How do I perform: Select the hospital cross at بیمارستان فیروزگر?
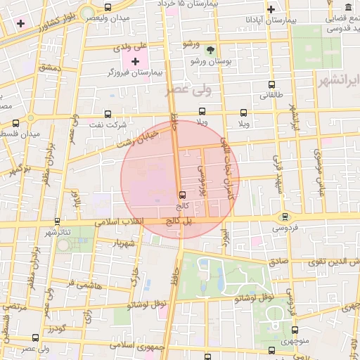click(135, 62)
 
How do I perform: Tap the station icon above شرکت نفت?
click(107, 113)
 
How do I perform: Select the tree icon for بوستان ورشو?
click(210, 49)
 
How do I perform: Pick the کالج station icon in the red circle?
click(183, 195)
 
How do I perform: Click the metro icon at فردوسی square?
click(285, 217)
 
